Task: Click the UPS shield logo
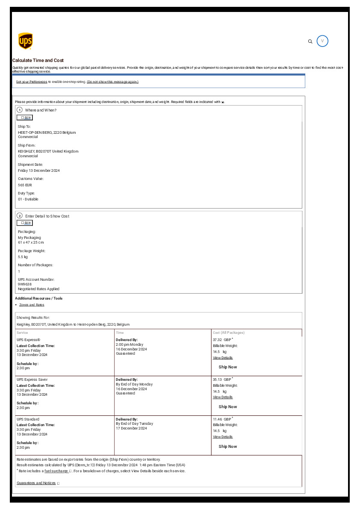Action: (x=25, y=41)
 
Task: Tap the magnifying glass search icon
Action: (x=310, y=41)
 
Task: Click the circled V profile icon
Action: (x=322, y=41)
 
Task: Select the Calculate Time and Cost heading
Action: (x=38, y=61)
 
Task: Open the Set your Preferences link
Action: (x=32, y=82)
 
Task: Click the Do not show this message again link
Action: (x=112, y=82)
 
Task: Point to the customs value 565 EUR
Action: (x=25, y=185)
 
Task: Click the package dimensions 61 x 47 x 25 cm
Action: (x=31, y=242)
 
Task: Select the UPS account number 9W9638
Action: (x=25, y=284)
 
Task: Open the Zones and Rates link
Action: (x=32, y=305)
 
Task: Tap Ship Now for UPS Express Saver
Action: (x=227, y=407)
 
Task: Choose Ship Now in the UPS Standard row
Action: (x=227, y=447)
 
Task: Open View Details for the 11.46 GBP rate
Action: (x=223, y=437)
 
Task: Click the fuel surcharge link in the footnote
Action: (x=56, y=471)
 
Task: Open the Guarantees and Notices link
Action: (x=36, y=483)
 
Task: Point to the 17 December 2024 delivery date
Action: (x=131, y=428)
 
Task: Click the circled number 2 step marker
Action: (x=20, y=215)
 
